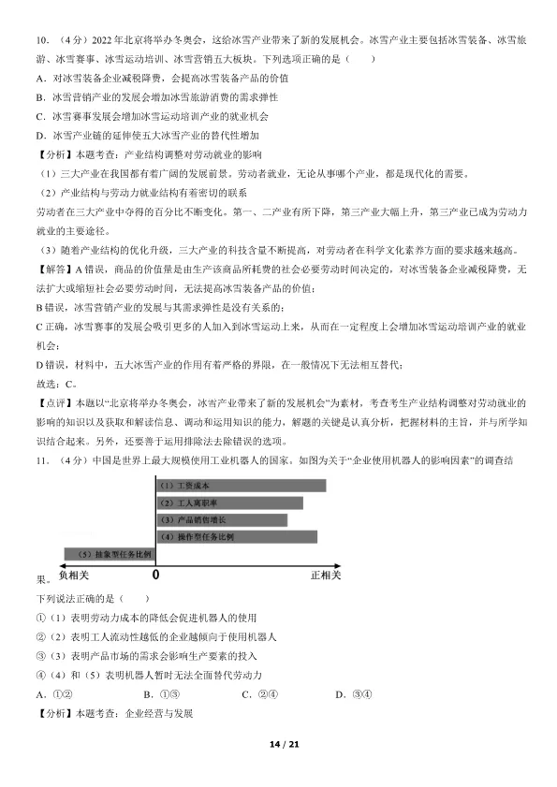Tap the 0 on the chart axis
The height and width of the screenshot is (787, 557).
[155, 574]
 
